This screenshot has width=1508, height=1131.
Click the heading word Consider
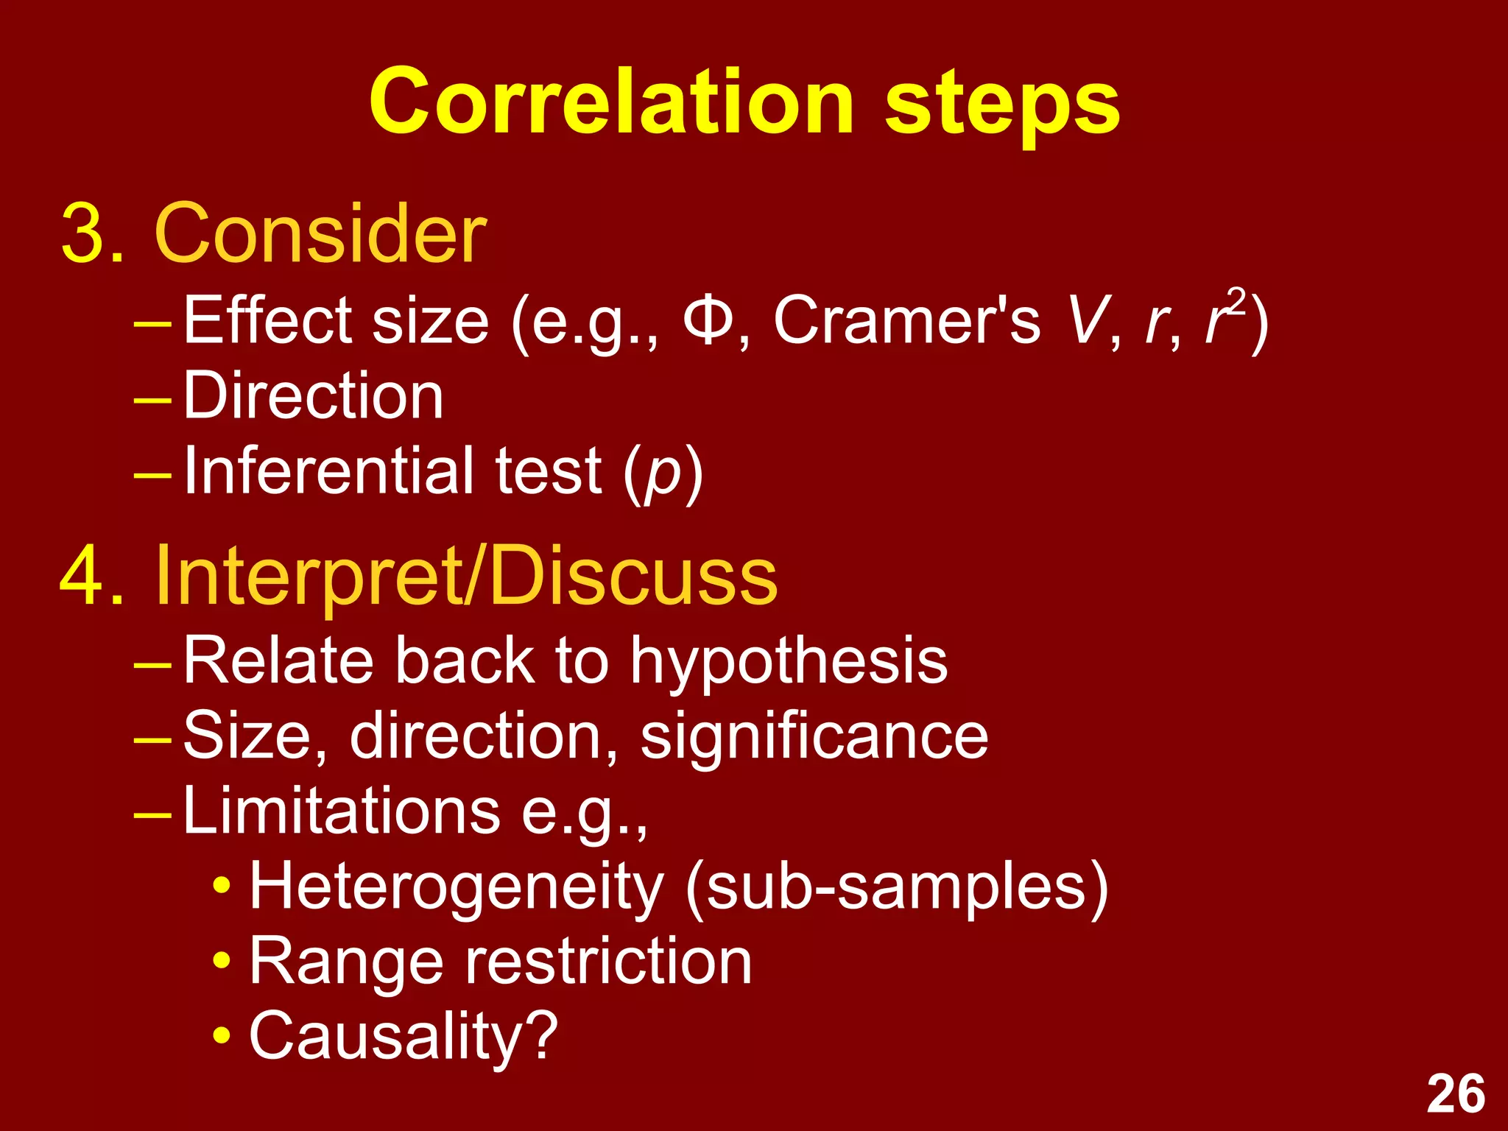(x=320, y=233)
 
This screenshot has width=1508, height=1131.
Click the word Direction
(x=313, y=396)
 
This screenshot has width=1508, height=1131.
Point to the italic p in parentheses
(x=663, y=475)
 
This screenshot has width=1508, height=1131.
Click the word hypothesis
(x=789, y=662)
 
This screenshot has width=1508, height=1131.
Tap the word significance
(x=814, y=737)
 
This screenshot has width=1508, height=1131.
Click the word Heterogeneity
(x=457, y=887)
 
